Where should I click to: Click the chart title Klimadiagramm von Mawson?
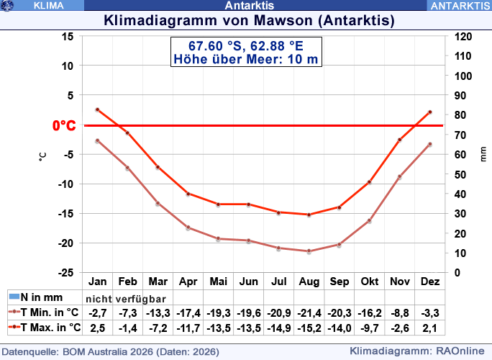[245, 19]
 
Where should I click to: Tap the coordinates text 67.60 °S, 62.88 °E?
[246, 45]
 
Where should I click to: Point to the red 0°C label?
[64, 126]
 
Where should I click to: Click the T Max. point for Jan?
[97, 109]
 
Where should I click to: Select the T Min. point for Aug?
[309, 251]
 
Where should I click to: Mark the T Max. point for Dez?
[429, 112]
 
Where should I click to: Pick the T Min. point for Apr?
[188, 228]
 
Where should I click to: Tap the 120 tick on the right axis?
[463, 36]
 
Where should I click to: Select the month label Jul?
[278, 282]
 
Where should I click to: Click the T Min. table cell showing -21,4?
[309, 313]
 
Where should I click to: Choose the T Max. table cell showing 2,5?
[97, 328]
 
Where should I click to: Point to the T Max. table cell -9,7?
[369, 328]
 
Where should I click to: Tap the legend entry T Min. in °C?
[45, 313]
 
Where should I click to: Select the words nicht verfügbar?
[127, 299]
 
